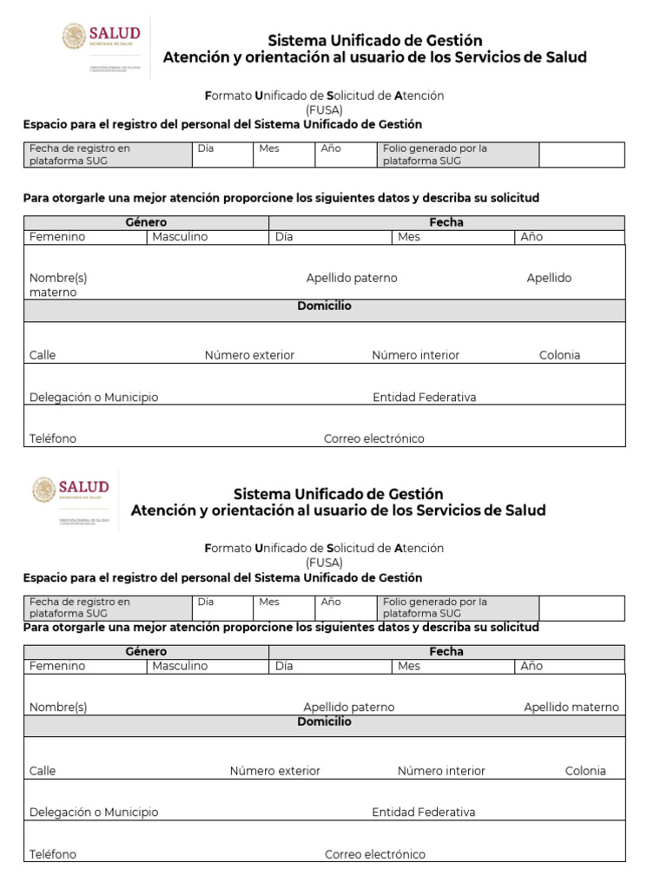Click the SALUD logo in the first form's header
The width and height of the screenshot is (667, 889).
click(x=101, y=38)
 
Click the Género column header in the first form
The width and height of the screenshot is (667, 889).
click(x=146, y=222)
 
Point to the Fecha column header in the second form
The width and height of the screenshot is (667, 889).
click(x=446, y=651)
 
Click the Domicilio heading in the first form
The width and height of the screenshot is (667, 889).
click(x=324, y=306)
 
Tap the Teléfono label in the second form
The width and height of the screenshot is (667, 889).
click(x=53, y=854)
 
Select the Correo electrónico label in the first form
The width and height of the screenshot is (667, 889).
click(x=374, y=438)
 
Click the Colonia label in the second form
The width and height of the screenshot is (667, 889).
click(x=585, y=771)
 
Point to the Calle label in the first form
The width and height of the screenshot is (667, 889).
click(x=43, y=355)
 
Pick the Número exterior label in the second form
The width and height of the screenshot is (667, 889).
click(x=274, y=771)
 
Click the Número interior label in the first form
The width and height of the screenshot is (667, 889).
click(x=415, y=355)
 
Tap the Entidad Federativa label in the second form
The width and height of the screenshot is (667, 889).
click(x=423, y=813)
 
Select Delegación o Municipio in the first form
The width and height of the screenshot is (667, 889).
click(x=94, y=398)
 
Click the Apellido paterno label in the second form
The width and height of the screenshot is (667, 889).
click(x=348, y=708)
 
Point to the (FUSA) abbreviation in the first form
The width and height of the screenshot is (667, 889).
click(x=324, y=110)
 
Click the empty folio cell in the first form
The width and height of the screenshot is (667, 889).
click(x=581, y=155)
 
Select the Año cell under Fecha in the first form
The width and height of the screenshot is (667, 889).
click(x=531, y=237)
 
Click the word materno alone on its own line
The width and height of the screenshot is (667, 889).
click(x=53, y=293)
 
